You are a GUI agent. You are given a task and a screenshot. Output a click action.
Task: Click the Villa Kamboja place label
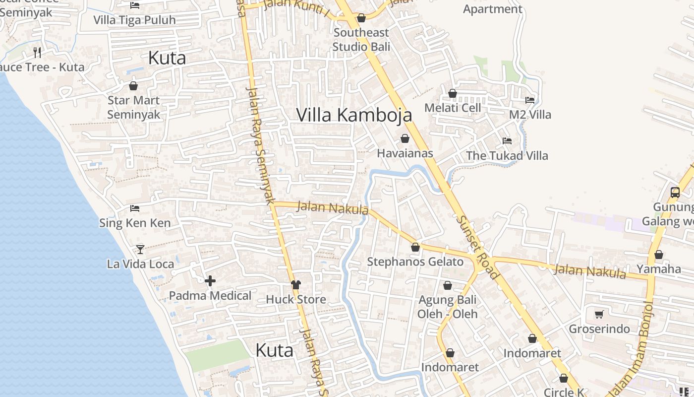point(354,115)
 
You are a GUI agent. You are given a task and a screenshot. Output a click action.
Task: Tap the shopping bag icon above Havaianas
point(405,138)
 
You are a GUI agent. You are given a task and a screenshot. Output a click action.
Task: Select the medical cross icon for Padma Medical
point(210,281)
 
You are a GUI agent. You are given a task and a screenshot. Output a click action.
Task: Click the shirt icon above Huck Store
point(296,284)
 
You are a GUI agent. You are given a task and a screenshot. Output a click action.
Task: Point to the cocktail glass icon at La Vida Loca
point(140,249)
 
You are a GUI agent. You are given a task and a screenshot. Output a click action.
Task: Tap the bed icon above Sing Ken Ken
point(135,208)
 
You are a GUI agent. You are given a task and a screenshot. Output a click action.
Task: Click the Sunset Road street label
point(476,247)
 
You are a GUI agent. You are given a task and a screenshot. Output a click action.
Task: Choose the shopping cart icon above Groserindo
point(599,314)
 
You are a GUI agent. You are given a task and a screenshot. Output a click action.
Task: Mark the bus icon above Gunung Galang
point(675,193)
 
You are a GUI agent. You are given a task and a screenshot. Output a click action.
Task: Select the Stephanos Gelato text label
point(415,262)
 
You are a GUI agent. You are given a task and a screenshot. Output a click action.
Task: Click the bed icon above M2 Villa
point(530,100)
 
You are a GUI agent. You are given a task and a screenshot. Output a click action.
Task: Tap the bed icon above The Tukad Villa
point(507,141)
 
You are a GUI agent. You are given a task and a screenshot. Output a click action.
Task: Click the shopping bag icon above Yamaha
point(659,255)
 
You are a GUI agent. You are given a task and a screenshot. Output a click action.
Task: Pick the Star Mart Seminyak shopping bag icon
point(133,86)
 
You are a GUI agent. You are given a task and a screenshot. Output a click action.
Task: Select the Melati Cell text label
point(453,108)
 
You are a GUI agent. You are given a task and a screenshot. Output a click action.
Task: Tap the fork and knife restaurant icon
point(37,52)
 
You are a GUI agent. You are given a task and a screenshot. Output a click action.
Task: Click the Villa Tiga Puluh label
point(135,20)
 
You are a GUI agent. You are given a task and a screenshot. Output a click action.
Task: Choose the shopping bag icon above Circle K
point(563,378)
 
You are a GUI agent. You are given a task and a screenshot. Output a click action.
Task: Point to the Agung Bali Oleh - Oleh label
point(447,307)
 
